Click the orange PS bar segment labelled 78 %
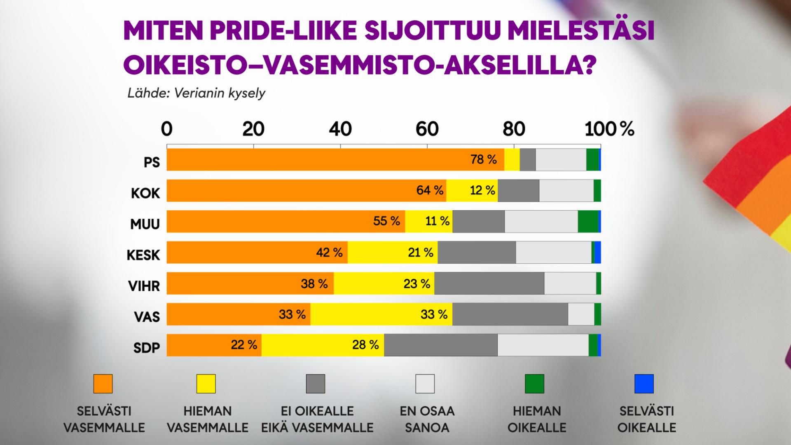click(x=335, y=159)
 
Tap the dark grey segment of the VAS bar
click(x=510, y=314)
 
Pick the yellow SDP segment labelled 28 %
click(x=323, y=345)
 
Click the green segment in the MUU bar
click(x=588, y=221)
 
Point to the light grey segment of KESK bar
click(x=553, y=252)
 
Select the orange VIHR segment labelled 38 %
click(x=250, y=283)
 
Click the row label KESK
click(x=143, y=255)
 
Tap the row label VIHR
click(x=144, y=286)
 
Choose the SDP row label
click(x=146, y=348)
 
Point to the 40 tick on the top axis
click(x=340, y=129)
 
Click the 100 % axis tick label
click(x=609, y=129)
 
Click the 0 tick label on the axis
click(x=166, y=129)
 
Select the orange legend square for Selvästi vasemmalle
click(x=103, y=384)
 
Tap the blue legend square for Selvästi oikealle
click(x=644, y=384)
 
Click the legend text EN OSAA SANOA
click(x=427, y=419)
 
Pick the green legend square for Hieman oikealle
click(x=534, y=384)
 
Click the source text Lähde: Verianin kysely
click(x=196, y=93)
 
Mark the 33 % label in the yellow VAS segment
click(x=434, y=314)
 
